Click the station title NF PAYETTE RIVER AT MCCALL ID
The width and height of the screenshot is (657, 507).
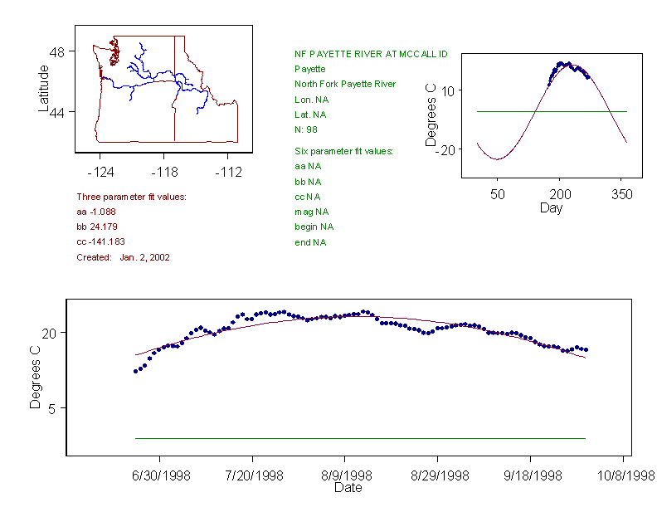(371, 54)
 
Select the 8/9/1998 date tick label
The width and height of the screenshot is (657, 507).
(346, 476)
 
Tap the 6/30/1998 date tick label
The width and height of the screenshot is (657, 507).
(160, 476)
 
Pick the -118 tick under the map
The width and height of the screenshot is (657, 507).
(163, 173)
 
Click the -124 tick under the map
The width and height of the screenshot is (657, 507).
(100, 173)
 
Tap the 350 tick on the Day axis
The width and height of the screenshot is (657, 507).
(622, 194)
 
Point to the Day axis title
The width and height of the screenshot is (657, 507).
(551, 208)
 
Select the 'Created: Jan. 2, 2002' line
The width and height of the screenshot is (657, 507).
(123, 257)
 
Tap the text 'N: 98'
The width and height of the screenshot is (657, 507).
(306, 129)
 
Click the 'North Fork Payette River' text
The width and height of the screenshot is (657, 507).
(345, 84)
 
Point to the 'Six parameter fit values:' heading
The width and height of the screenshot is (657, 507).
(343, 151)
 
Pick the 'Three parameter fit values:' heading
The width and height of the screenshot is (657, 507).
(131, 197)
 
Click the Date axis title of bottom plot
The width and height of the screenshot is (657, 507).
(348, 489)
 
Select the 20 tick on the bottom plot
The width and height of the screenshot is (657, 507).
(48, 333)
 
